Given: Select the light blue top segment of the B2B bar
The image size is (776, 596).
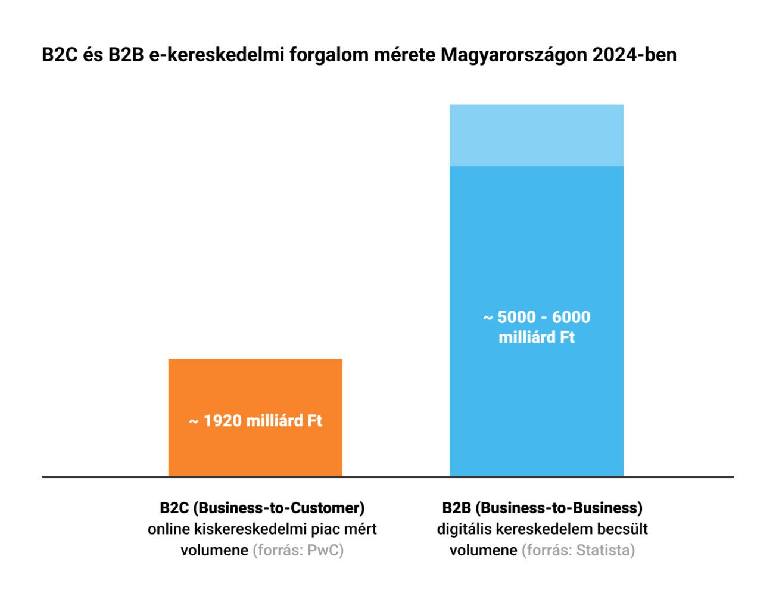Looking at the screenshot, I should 536,135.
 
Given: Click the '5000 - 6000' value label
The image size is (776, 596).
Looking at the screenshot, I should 543,317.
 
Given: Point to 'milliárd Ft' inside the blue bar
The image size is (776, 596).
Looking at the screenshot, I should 536,337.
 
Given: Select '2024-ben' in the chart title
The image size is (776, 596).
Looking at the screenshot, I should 634,55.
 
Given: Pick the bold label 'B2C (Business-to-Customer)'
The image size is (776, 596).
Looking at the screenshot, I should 262,508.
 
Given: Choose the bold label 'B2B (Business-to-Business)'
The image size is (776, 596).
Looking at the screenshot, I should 542,508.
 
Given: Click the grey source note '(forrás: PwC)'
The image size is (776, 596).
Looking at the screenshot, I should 298,550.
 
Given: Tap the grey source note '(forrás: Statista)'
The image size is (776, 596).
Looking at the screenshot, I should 578,550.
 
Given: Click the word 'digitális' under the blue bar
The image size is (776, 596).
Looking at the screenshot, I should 463,529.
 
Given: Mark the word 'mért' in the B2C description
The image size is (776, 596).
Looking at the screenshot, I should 360,529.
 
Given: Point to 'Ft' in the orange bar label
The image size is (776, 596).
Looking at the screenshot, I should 314,421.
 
